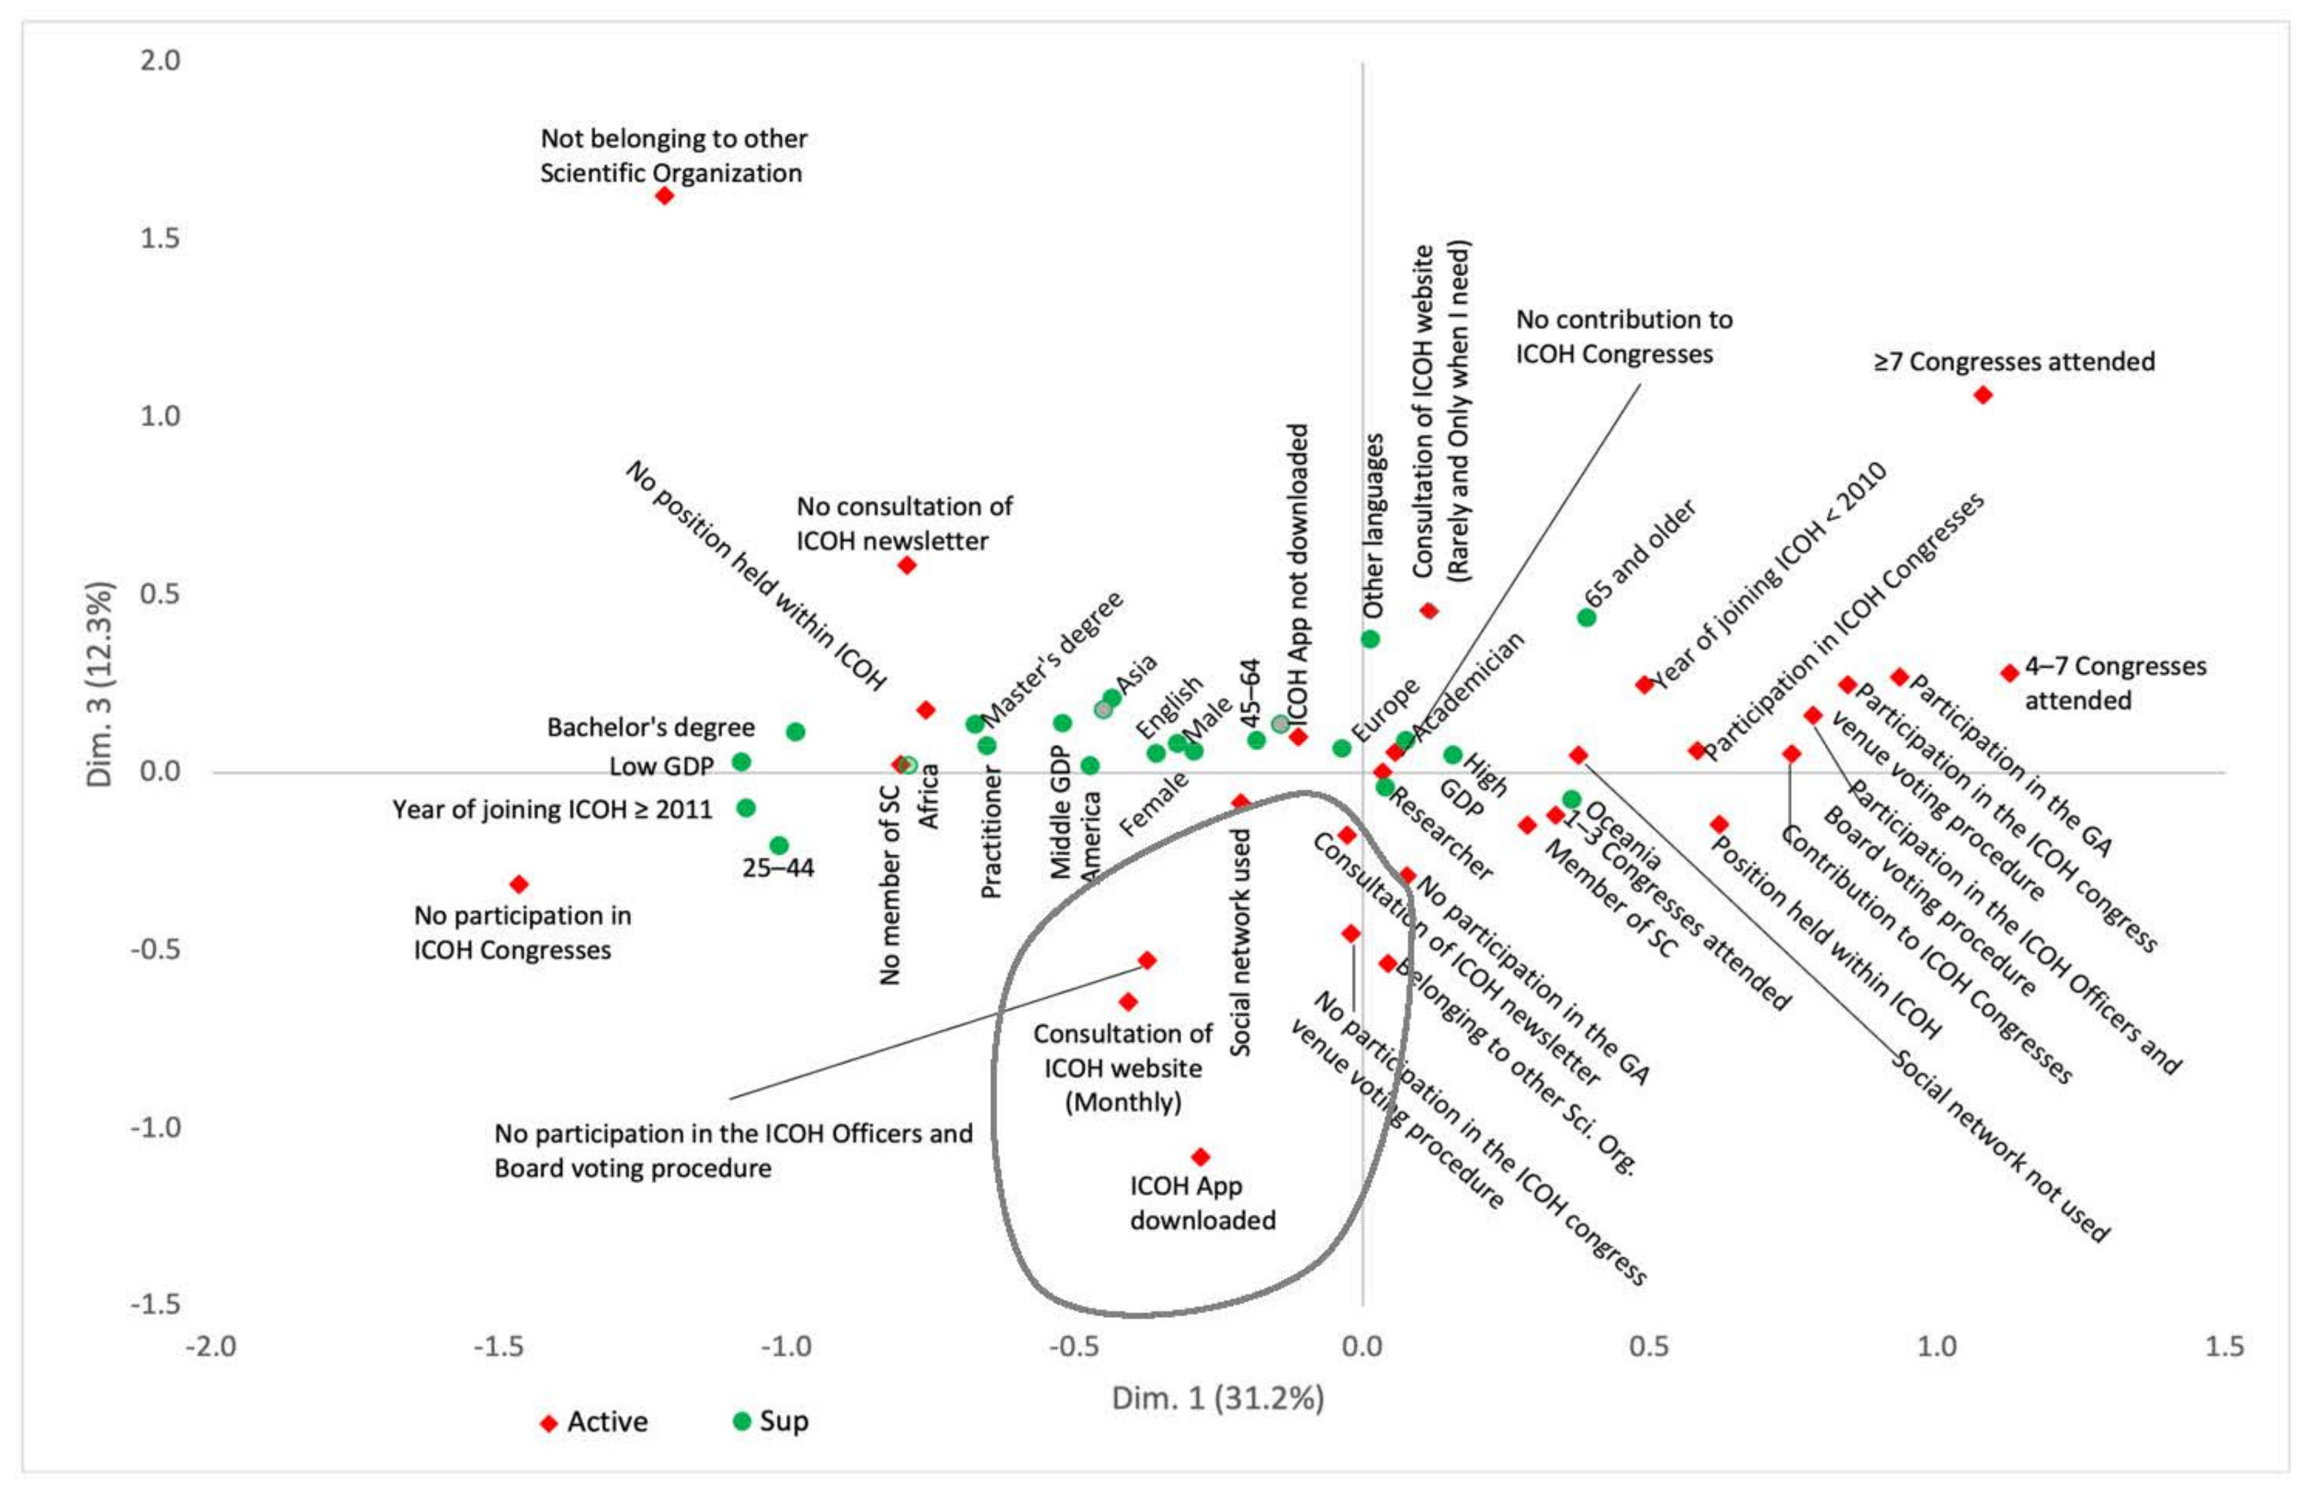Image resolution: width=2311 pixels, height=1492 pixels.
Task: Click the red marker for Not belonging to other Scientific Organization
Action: [x=664, y=196]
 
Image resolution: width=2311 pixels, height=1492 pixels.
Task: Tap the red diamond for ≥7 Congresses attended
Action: [x=1983, y=395]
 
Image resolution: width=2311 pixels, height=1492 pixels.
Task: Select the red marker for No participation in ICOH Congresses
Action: [x=519, y=884]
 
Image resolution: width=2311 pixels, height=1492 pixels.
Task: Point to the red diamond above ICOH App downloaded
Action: [x=1200, y=1157]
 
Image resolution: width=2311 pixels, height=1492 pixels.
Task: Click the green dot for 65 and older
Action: [x=1586, y=617]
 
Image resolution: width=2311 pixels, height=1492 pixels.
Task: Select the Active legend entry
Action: [x=593, y=1421]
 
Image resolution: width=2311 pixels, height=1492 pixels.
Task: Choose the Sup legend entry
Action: [x=771, y=1421]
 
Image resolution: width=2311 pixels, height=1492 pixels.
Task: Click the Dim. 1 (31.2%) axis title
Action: [x=1217, y=1398]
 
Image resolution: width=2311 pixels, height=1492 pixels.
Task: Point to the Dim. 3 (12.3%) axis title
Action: [x=100, y=684]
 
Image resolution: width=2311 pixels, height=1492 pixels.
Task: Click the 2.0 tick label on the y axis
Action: [x=160, y=60]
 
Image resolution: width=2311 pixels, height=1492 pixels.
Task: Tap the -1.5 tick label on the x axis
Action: [x=500, y=1346]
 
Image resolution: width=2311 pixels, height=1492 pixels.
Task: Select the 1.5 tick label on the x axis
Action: [x=2223, y=1346]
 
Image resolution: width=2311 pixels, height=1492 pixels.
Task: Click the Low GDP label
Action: [x=661, y=766]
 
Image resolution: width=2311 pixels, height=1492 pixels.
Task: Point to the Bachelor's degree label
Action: [x=650, y=728]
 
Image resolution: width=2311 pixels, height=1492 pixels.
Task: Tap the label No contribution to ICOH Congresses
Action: [x=1624, y=336]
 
